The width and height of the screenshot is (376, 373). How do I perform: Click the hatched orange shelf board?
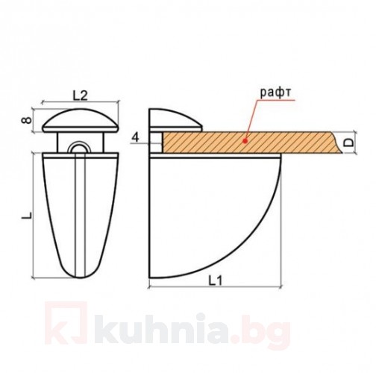(x=224, y=142)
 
